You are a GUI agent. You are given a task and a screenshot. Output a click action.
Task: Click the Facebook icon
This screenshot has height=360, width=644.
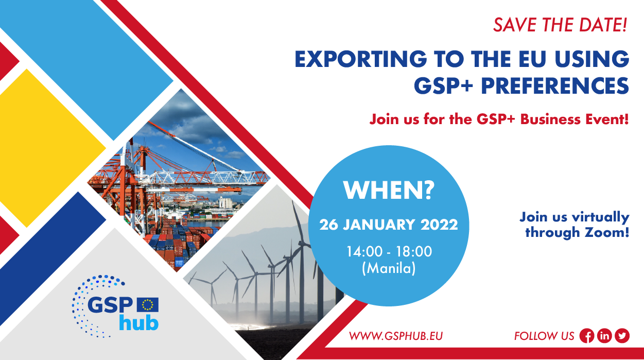(586, 336)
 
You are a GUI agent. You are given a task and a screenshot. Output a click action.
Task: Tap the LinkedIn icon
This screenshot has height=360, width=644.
(604, 336)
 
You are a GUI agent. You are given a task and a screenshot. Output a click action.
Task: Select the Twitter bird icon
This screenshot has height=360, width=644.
(622, 336)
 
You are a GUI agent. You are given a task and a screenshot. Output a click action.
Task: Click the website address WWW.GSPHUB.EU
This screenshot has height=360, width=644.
(396, 336)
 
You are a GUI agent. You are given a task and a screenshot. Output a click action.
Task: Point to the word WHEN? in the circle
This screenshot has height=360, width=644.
(389, 190)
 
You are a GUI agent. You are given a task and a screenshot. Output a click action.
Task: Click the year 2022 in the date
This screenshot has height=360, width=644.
(439, 225)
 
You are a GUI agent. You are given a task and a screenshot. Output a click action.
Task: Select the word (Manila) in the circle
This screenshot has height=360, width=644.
(389, 268)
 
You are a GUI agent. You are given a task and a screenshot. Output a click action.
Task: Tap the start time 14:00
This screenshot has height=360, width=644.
(364, 252)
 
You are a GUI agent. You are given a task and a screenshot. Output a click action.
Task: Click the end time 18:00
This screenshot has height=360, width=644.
(414, 252)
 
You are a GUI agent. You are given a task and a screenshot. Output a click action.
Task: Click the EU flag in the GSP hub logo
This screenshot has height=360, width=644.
(148, 304)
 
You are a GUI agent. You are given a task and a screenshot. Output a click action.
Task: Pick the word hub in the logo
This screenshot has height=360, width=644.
(139, 323)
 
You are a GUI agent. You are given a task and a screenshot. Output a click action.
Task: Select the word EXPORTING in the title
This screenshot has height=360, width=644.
(361, 59)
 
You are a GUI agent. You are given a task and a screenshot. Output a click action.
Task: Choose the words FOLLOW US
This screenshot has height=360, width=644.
(544, 336)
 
